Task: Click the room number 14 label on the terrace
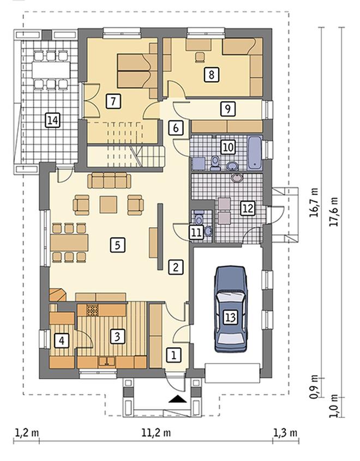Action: (x=52, y=120)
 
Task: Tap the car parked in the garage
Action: (x=231, y=309)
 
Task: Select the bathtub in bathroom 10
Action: (x=255, y=153)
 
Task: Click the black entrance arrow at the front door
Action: (x=178, y=399)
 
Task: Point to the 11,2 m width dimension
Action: (x=156, y=433)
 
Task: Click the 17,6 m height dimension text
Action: (x=333, y=211)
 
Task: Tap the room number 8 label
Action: (x=211, y=74)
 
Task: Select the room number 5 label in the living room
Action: (x=118, y=245)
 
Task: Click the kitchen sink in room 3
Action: (x=106, y=361)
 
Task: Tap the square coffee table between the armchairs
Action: (x=108, y=205)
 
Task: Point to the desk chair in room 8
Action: (x=200, y=57)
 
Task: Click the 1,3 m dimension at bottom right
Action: (x=285, y=433)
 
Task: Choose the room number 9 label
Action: (x=227, y=108)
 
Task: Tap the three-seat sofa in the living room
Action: (x=109, y=180)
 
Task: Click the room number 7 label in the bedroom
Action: (x=113, y=101)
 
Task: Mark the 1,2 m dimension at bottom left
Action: (x=27, y=433)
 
